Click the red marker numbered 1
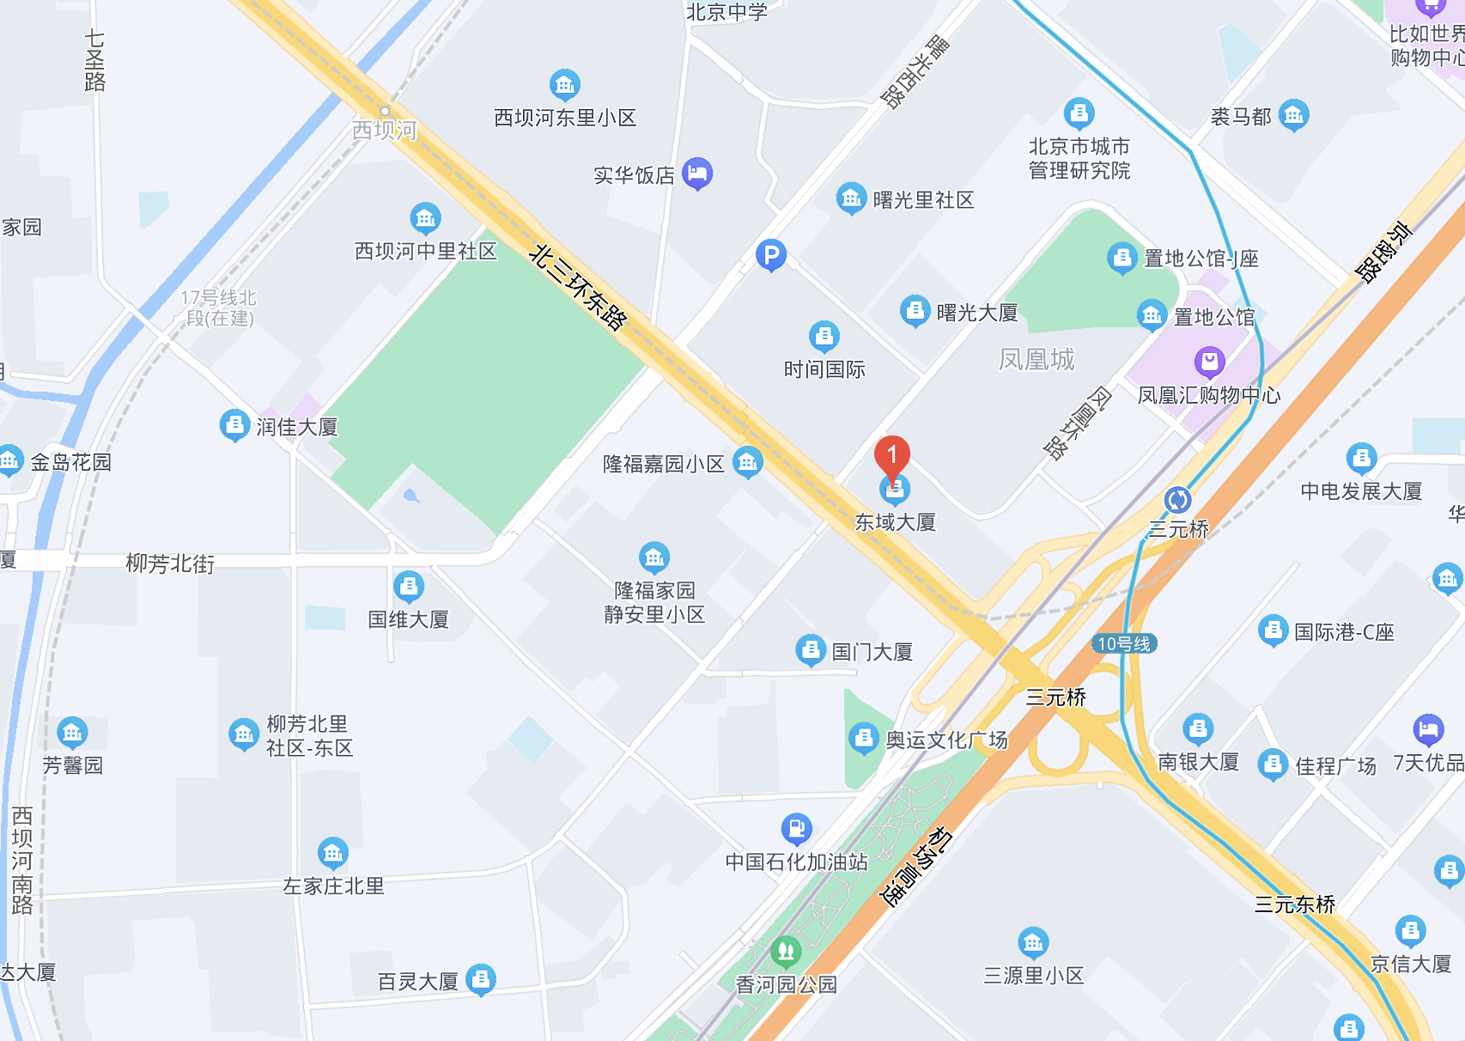(x=892, y=455)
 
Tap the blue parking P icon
(x=771, y=254)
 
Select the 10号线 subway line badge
(x=1124, y=643)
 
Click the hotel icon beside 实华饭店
(x=697, y=173)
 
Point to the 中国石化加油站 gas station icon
(x=796, y=829)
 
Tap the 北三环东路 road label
(x=578, y=287)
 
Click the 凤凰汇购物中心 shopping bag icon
(x=1209, y=362)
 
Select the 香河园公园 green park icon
(x=786, y=951)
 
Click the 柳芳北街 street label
(x=170, y=563)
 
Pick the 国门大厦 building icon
(x=810, y=650)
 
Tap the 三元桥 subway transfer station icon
(x=1177, y=499)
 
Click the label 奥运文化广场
(x=946, y=740)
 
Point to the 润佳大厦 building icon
(x=234, y=425)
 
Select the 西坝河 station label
(x=385, y=130)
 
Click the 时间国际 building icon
(x=824, y=337)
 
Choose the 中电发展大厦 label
(x=1361, y=490)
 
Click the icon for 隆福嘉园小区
(x=748, y=462)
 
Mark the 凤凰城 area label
(x=1036, y=359)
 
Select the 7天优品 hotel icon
(x=1428, y=730)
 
